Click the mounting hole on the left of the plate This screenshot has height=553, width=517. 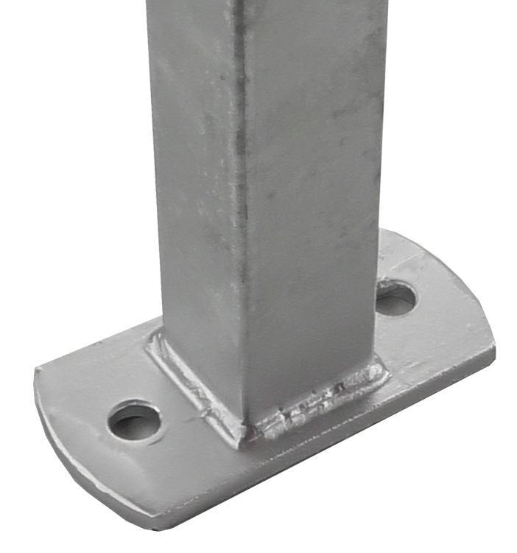[x=135, y=420]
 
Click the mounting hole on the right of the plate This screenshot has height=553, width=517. [x=395, y=297]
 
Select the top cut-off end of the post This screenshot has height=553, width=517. [x=265, y=4]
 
